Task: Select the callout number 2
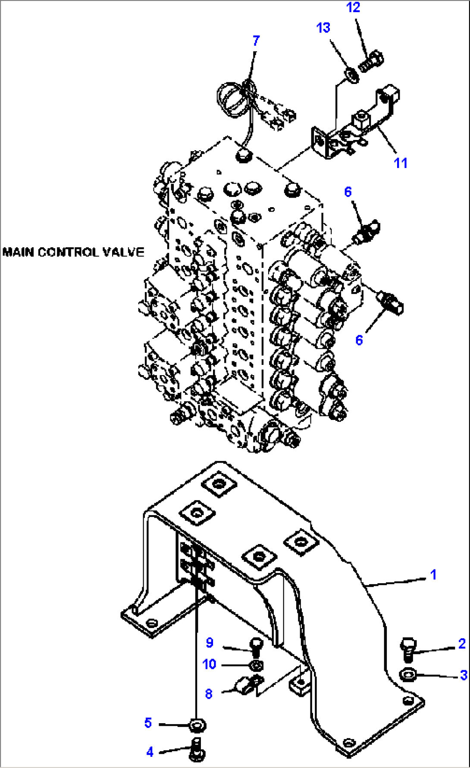(461, 644)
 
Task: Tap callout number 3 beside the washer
(464, 675)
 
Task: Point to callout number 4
(150, 752)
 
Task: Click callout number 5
(148, 722)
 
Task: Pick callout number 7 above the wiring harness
(256, 40)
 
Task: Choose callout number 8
(209, 694)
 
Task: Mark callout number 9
(210, 643)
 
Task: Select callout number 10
(209, 664)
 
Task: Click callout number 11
(401, 163)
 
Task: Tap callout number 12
(353, 7)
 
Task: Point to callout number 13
(323, 28)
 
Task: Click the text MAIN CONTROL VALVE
(73, 252)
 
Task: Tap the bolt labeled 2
(408, 650)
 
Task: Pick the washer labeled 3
(407, 674)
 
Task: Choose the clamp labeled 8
(248, 684)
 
